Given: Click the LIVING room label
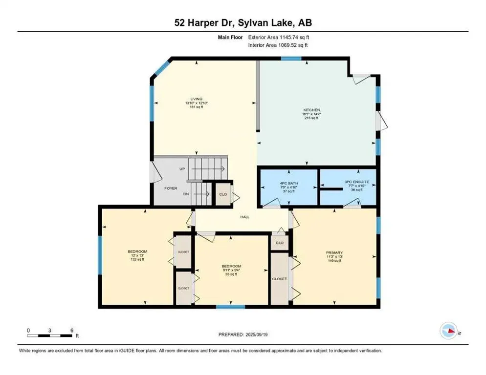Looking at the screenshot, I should click(197, 99).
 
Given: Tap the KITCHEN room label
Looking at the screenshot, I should click(311, 110).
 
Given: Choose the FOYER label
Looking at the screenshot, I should click(171, 188).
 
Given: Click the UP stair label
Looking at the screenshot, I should click(182, 169).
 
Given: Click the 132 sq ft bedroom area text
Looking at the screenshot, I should click(137, 259).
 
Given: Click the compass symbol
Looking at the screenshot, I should click(448, 331).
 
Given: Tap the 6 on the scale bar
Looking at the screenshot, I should click(72, 330).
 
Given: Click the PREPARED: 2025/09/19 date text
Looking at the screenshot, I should click(243, 334).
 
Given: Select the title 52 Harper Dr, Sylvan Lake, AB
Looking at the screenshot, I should click(243, 22).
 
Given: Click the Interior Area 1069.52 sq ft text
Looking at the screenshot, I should click(278, 45).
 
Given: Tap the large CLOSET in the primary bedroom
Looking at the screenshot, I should click(279, 279).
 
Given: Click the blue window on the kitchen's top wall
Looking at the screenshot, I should click(291, 59).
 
